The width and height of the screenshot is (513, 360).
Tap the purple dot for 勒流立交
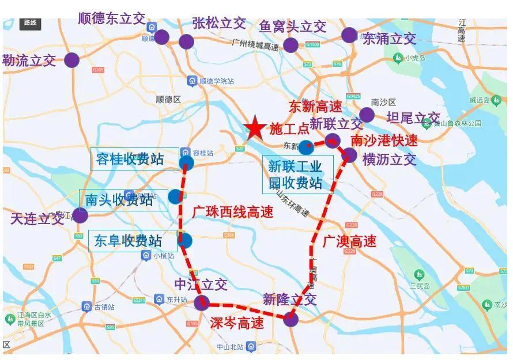click(71, 60)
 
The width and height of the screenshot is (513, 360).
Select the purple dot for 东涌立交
click(349, 35)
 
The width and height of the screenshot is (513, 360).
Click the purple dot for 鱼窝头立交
click(291, 45)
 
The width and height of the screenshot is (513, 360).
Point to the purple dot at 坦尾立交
click(367, 115)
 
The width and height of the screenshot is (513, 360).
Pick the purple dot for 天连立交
click(80, 215)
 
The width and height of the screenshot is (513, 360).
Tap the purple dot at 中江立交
click(201, 303)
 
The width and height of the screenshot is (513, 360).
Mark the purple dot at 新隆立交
click(291, 319)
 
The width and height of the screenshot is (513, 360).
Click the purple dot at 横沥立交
click(350, 154)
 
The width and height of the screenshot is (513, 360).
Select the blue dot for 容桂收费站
click(187, 162)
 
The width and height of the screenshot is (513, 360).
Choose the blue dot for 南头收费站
click(175, 196)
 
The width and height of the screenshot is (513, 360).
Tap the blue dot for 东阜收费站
click(184, 240)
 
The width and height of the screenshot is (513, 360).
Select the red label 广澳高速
click(349, 240)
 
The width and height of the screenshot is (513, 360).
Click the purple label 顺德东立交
click(112, 18)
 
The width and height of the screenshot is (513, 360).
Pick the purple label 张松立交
click(219, 23)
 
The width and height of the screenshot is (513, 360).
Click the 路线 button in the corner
click(30, 23)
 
